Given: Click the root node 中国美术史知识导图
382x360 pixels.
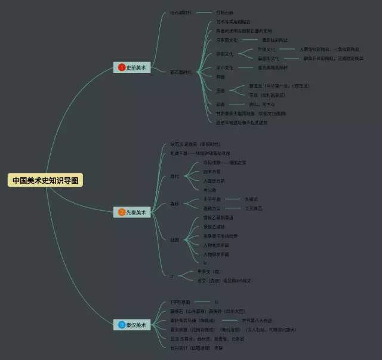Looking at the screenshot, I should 46,180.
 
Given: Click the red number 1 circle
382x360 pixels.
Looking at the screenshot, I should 121,68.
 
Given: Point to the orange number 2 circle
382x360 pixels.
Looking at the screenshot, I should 121,212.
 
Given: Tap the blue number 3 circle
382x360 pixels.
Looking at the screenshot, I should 121,325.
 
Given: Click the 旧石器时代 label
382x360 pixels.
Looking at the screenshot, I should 180,12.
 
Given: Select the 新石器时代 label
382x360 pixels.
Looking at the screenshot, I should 180,72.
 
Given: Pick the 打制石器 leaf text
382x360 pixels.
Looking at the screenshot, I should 225,12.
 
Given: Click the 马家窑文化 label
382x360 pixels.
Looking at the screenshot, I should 227,40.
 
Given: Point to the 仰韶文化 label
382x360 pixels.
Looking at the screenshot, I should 225,54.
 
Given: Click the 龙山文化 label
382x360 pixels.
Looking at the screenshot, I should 225,67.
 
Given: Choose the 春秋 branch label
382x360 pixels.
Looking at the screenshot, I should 174,204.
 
